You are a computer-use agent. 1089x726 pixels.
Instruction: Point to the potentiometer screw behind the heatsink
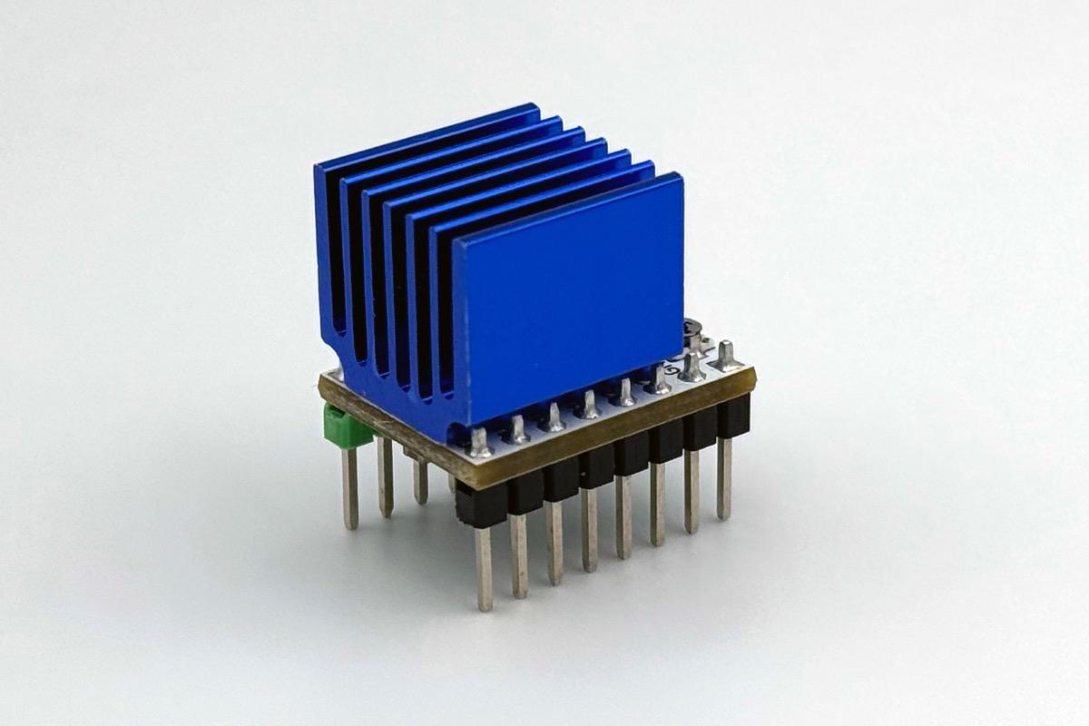[x=694, y=329]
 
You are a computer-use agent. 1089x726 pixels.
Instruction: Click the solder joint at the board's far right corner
[x=726, y=355]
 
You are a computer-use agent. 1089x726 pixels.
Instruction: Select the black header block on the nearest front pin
[x=481, y=505]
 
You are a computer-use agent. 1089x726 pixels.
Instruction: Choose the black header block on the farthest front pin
[x=733, y=416]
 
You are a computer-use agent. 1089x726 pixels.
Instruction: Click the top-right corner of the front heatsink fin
[x=679, y=178]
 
